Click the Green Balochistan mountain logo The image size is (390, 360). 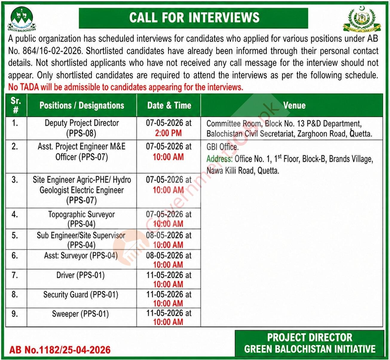pyautogui.click(x=22, y=19)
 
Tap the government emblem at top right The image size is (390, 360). pyautogui.click(x=362, y=19)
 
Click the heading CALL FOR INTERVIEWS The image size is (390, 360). pyautogui.click(x=194, y=18)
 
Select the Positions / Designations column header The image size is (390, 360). pyautogui.click(x=82, y=105)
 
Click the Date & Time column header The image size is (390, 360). pyautogui.click(x=169, y=105)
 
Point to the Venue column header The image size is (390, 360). pyautogui.click(x=294, y=105)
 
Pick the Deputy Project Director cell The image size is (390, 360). pyautogui.click(x=82, y=128)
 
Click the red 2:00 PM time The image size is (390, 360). pyautogui.click(x=168, y=133)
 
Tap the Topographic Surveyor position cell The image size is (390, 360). pyautogui.click(x=82, y=219)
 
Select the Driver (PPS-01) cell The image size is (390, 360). pyautogui.click(x=80, y=275)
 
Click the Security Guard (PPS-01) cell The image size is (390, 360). pyautogui.click(x=81, y=295)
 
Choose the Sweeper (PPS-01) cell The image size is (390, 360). pyautogui.click(x=80, y=314)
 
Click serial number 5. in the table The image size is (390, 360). pyautogui.click(x=15, y=235)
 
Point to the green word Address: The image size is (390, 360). pyautogui.click(x=219, y=159)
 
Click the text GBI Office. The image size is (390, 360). pyautogui.click(x=222, y=147)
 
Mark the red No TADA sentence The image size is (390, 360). pyautogui.click(x=126, y=87)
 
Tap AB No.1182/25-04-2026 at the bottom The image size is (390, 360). pyautogui.click(x=60, y=350)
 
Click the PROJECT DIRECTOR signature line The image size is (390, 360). pyautogui.click(x=310, y=338)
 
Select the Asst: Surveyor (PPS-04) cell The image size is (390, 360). pyautogui.click(x=81, y=256)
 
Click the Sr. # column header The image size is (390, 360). pyautogui.click(x=16, y=105)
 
